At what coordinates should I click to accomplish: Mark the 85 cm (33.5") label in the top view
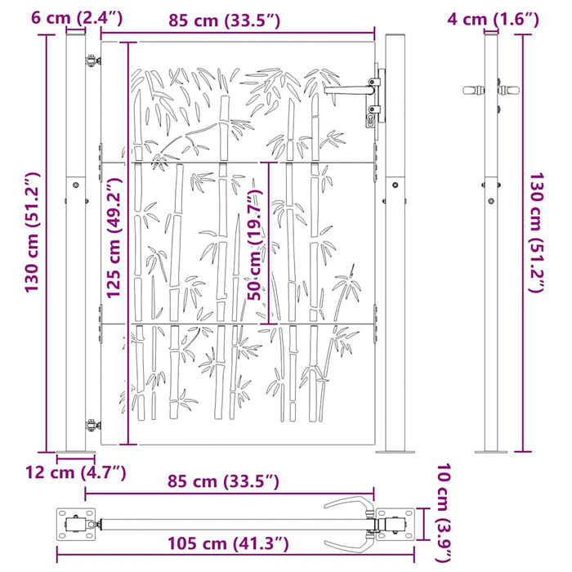225,482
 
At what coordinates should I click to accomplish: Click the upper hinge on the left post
90,56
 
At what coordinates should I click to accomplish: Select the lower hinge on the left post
92,424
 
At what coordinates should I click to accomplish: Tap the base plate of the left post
75,452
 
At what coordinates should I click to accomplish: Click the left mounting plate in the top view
74,523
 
